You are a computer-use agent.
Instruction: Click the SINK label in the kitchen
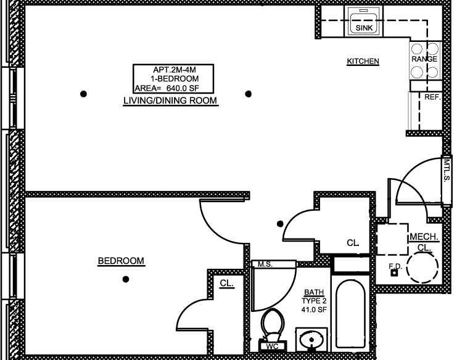coord(364,28)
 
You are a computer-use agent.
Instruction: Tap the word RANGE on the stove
coord(424,59)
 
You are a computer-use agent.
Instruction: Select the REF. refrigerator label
coord(432,97)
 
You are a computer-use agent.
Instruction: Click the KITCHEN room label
coord(363,61)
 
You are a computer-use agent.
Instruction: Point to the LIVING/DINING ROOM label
coord(170,100)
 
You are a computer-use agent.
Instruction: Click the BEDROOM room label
coord(121,261)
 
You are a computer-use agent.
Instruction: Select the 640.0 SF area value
coord(183,88)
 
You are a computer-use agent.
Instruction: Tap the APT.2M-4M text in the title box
coord(175,70)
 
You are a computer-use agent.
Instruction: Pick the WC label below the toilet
coord(272,346)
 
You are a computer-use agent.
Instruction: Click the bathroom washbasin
coord(311,339)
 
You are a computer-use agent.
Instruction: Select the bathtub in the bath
coord(350,314)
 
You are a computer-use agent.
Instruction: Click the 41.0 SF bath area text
coord(314,309)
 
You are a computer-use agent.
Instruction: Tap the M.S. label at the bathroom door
coord(265,264)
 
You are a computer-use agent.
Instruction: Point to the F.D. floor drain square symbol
coord(394,273)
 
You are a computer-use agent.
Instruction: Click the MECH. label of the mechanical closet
coord(424,237)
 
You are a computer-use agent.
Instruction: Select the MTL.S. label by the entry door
coord(447,170)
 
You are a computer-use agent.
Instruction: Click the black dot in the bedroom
coord(126,279)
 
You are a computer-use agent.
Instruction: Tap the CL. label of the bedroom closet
coord(227,283)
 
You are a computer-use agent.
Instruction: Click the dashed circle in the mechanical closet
coord(422,267)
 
